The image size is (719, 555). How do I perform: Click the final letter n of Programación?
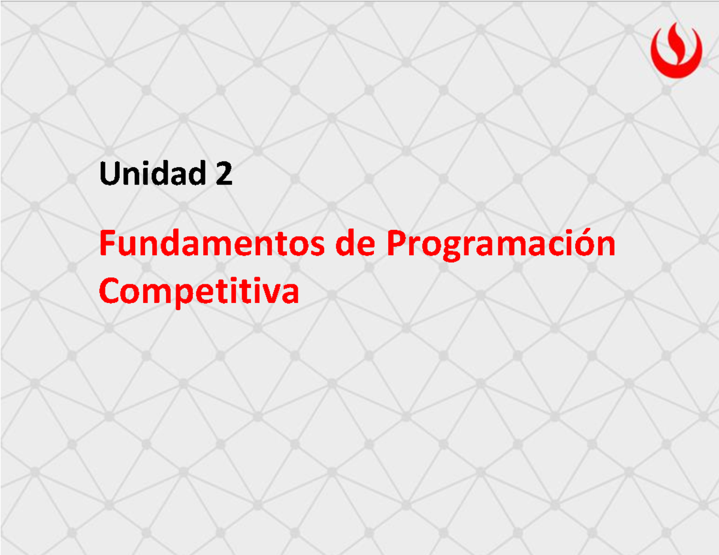(606, 246)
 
